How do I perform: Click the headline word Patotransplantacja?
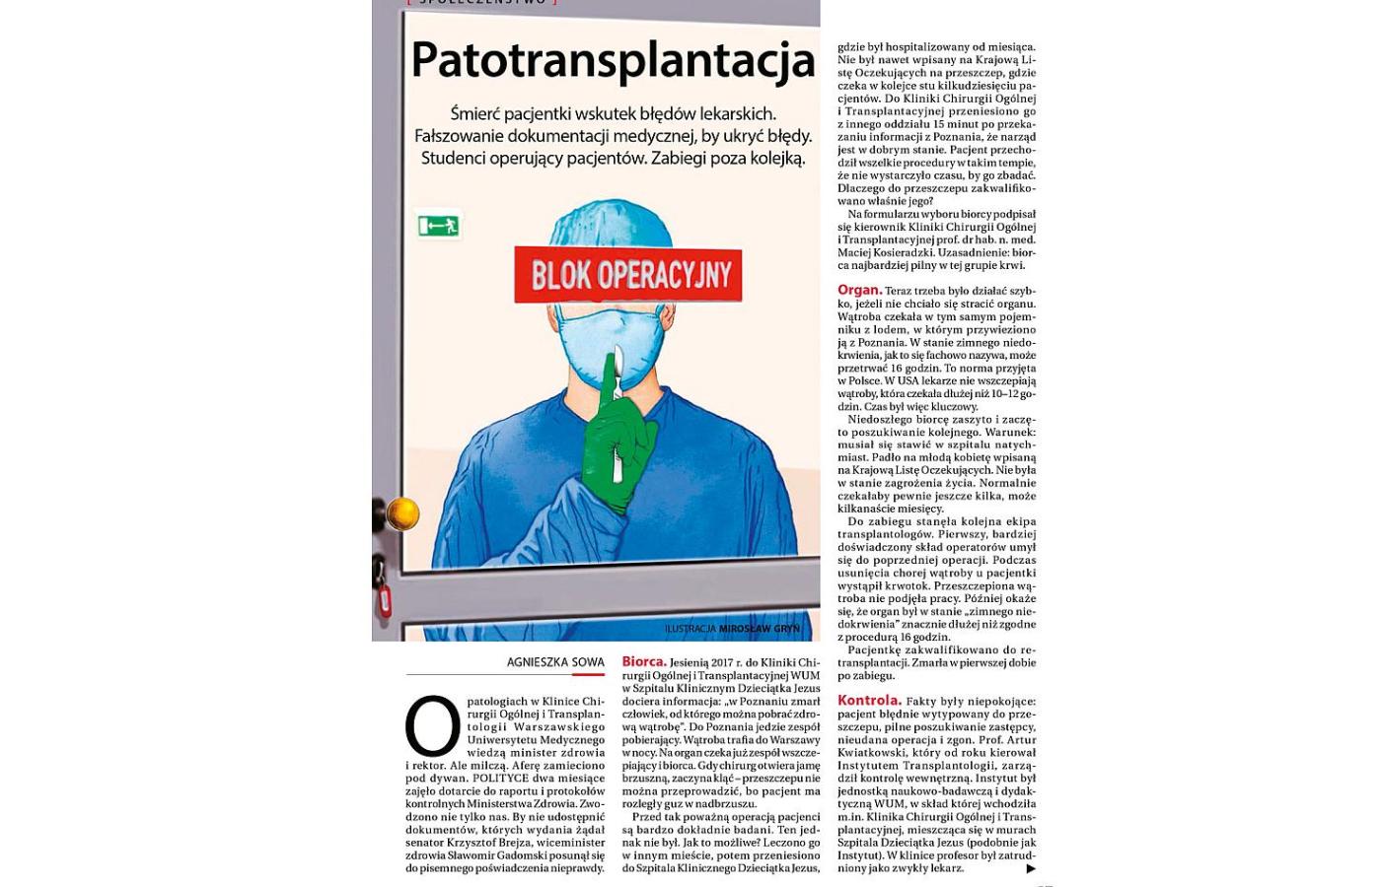(x=612, y=61)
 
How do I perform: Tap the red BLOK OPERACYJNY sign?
(x=628, y=275)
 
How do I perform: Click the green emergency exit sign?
(x=438, y=226)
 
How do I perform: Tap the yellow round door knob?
(x=402, y=513)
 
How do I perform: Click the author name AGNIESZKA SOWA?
(x=555, y=662)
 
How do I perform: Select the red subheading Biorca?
(x=643, y=662)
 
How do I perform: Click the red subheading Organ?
(x=859, y=291)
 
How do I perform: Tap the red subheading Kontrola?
(x=869, y=701)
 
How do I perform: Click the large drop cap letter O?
(x=432, y=726)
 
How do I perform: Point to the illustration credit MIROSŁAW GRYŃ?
(x=759, y=629)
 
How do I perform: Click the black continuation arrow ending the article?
(x=1031, y=868)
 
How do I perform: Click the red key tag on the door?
(x=385, y=599)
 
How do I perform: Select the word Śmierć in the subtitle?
(x=480, y=113)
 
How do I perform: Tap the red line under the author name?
(x=588, y=675)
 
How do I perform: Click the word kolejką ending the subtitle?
(x=772, y=158)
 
